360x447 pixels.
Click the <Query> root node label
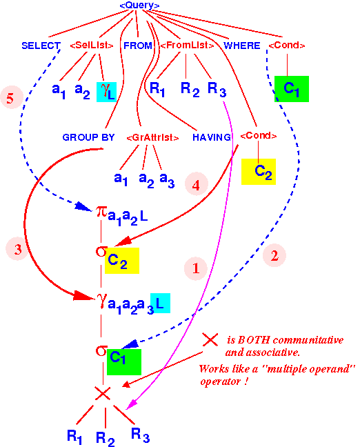139,5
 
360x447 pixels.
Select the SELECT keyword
41,46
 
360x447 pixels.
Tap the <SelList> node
92,45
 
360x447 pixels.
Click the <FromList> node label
187,45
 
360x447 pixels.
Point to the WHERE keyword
241,46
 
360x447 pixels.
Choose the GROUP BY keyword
88,137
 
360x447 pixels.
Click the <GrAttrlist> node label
152,137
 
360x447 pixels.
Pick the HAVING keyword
212,137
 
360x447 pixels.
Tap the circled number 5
12,97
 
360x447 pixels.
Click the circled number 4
196,184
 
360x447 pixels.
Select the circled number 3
18,249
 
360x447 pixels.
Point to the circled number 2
274,255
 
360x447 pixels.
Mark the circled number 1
196,268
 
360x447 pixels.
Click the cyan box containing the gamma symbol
107,92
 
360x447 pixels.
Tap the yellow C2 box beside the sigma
122,261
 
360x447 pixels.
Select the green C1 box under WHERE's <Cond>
292,89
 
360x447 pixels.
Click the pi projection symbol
101,212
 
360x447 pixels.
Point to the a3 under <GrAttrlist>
167,180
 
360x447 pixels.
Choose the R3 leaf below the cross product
140,435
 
